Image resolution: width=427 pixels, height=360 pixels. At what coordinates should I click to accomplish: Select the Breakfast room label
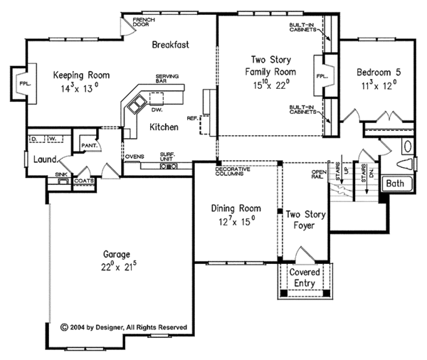coord(170,45)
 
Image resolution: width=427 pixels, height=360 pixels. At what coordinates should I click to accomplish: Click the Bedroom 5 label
coord(376,73)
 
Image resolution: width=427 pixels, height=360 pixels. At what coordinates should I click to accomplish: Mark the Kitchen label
coord(164,127)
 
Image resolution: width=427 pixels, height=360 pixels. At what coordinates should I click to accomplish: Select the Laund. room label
coord(45,159)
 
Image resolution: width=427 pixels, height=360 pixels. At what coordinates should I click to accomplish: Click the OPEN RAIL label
coord(317,174)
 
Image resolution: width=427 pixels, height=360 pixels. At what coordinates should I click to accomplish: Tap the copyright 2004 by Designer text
coord(125,327)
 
